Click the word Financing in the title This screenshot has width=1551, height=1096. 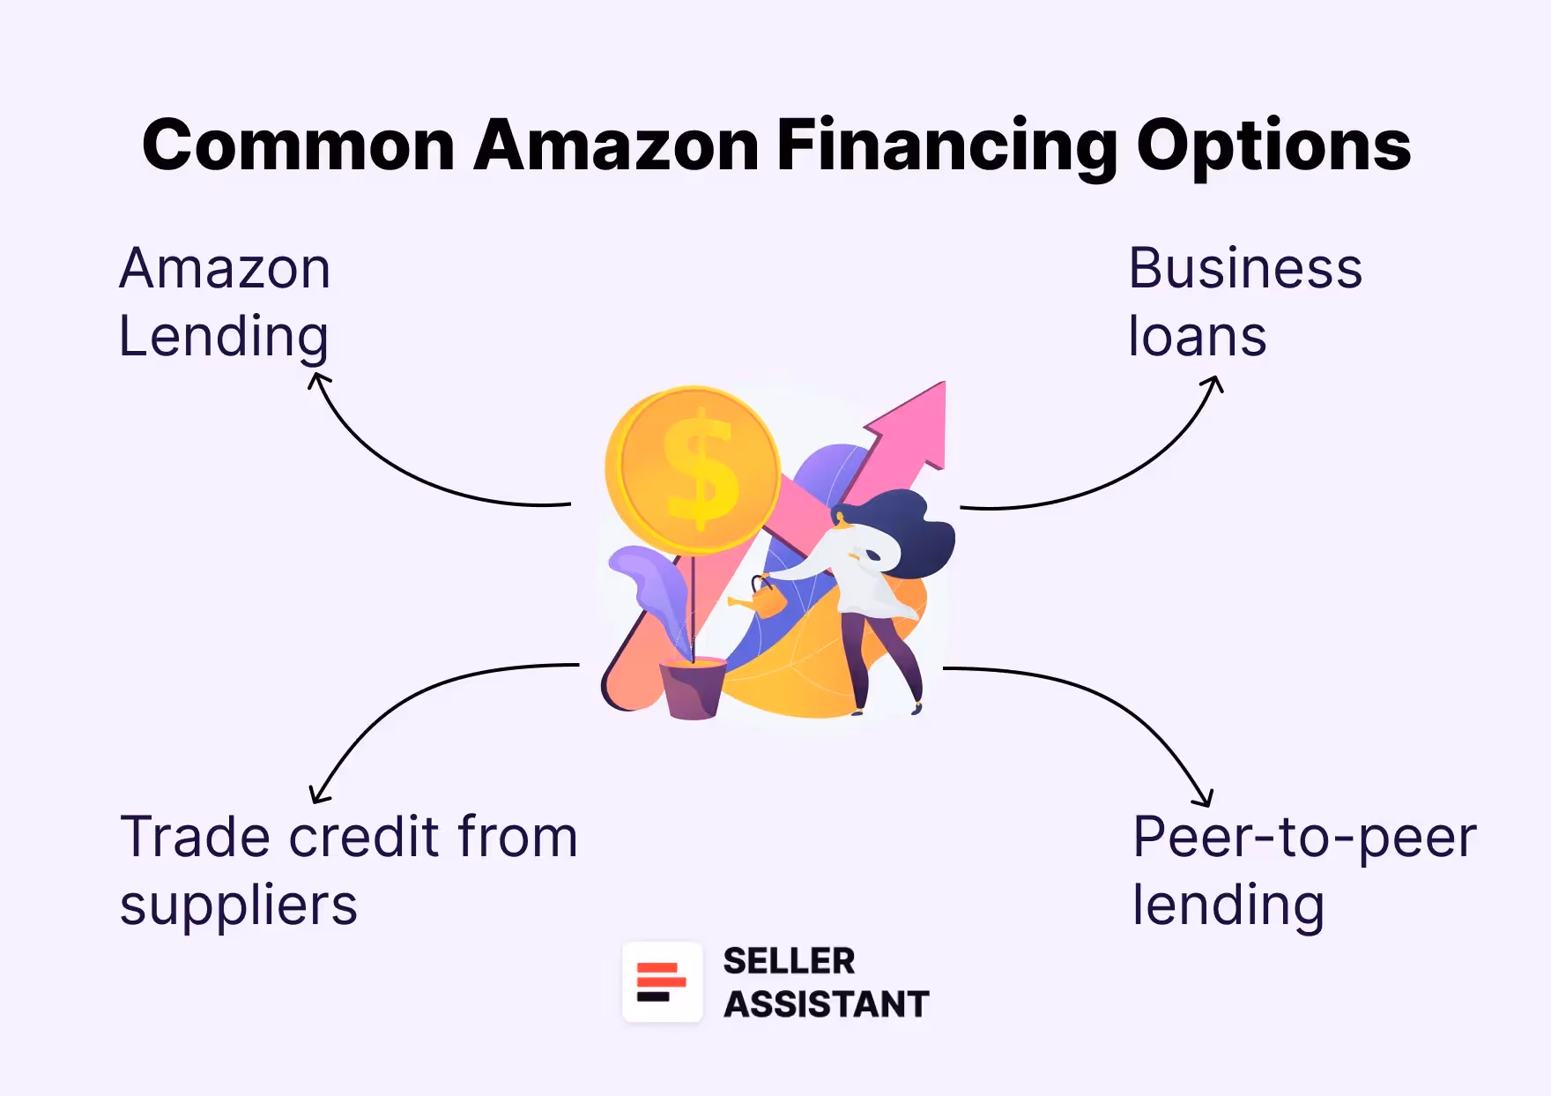click(x=946, y=146)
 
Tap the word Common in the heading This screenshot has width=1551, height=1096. click(x=298, y=146)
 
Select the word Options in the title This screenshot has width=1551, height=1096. click(x=1273, y=146)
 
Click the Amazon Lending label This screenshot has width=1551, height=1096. click(x=225, y=302)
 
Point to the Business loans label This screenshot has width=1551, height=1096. click(x=1244, y=302)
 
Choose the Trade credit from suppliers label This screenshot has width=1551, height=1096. click(x=348, y=870)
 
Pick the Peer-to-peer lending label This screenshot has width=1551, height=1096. click(x=1304, y=870)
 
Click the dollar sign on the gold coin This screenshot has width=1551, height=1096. click(x=701, y=469)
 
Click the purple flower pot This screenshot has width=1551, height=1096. click(x=693, y=690)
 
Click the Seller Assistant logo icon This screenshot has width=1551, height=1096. click(x=662, y=982)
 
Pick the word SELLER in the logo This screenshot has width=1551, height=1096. click(x=789, y=961)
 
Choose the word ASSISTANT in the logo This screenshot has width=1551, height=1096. click(x=826, y=1004)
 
